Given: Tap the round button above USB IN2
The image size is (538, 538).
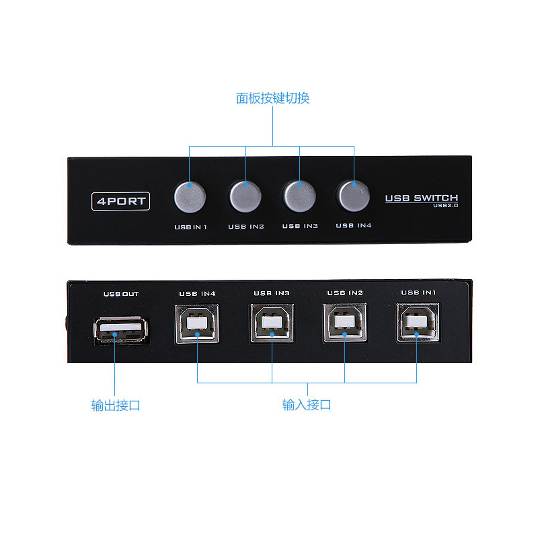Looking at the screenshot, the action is tap(245, 196).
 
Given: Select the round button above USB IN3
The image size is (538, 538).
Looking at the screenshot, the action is tap(299, 196).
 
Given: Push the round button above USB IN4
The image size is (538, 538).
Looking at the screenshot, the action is tap(353, 196).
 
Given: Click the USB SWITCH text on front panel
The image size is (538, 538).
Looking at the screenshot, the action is tap(421, 198).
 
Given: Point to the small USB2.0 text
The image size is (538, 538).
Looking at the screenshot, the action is tap(445, 206).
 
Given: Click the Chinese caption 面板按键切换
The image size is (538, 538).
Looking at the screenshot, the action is tap(272, 98).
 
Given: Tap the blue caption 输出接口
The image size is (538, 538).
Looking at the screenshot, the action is tap(116, 405).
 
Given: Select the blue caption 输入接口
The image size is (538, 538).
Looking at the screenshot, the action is tap(307, 405).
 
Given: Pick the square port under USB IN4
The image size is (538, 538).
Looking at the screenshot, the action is tap(197, 323).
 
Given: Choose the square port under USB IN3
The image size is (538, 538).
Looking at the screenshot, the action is tap(272, 323).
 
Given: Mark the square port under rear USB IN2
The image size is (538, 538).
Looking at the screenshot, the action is tap(344, 323).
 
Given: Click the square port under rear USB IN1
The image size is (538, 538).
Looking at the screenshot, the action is tap(418, 323).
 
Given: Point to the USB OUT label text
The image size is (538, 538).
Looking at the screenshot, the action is tap(120, 293).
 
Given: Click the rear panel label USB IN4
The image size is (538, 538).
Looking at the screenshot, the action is tap(197, 293).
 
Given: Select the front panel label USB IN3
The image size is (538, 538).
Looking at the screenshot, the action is tap(300, 226).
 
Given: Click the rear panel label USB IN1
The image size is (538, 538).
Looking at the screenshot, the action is tap(418, 293).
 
